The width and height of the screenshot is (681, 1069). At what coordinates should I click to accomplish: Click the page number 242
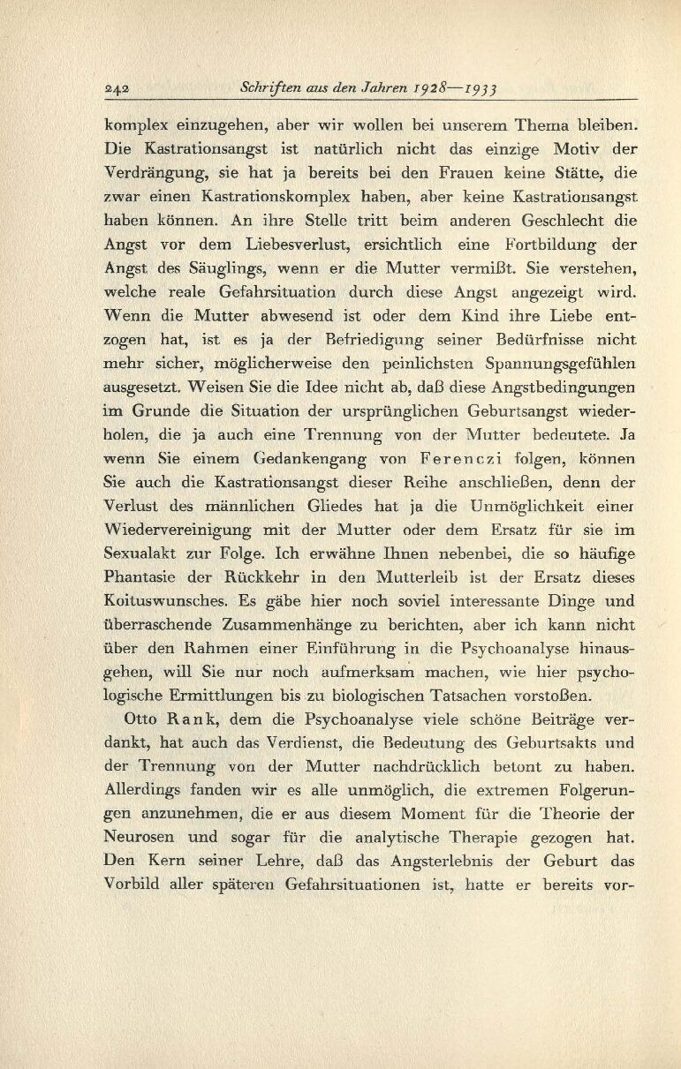coord(117,89)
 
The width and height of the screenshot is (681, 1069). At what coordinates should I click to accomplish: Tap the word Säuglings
coord(231,267)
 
